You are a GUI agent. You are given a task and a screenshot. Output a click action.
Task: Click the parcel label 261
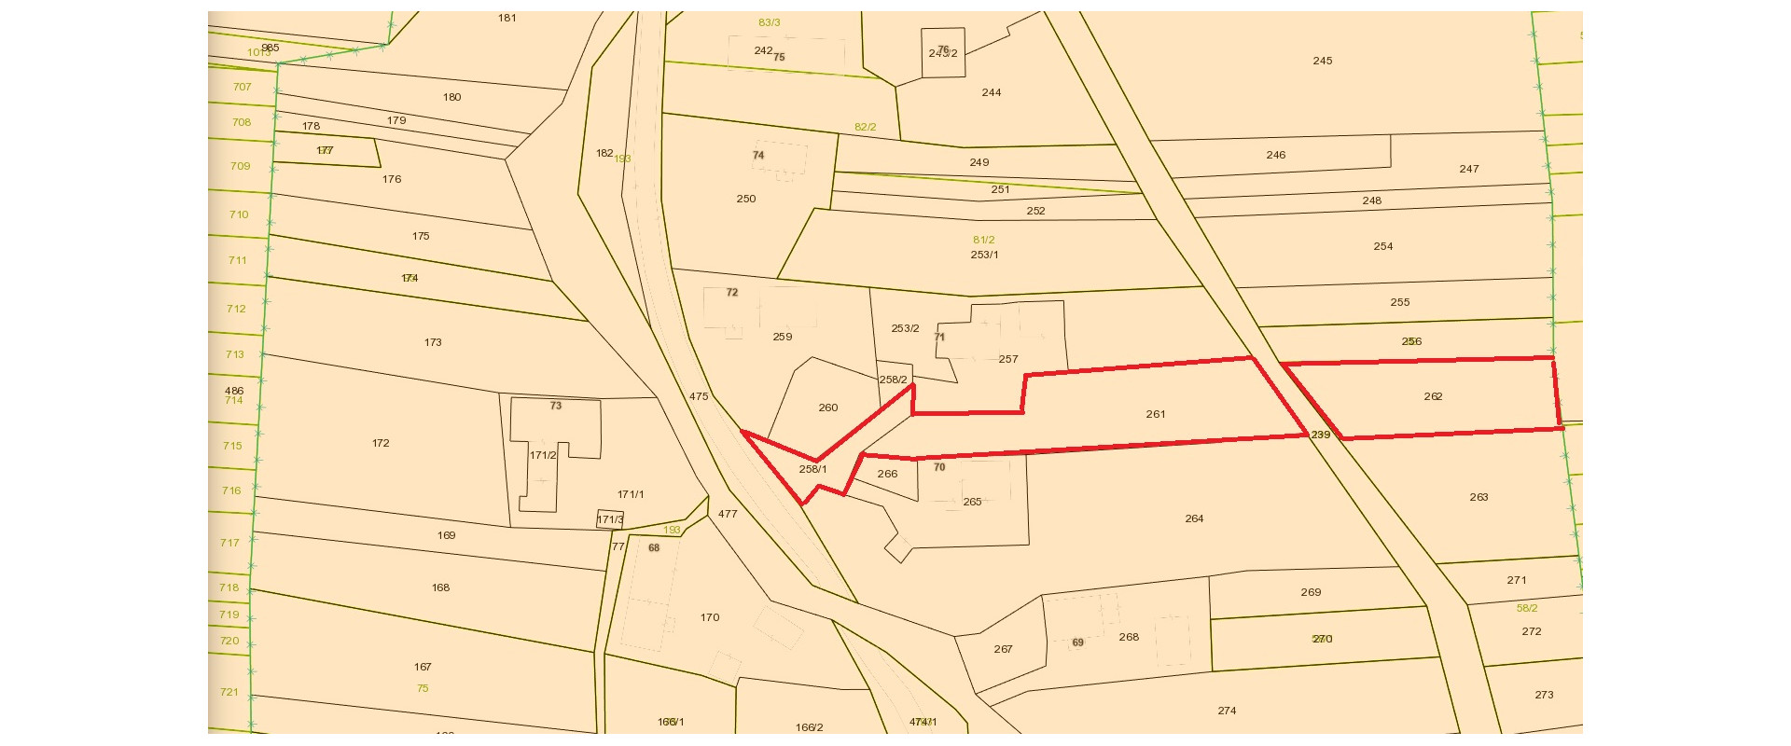[x=1156, y=414]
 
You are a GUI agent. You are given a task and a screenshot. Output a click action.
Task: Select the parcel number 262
[x=1433, y=396]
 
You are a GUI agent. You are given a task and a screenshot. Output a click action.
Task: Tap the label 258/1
[x=812, y=469]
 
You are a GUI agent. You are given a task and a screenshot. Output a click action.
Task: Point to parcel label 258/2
[x=893, y=380]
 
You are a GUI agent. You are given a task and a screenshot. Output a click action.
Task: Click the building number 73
[x=556, y=406]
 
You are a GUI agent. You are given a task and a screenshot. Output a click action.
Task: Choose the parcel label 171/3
[x=610, y=519]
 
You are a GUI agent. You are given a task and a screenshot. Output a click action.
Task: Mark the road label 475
[x=699, y=396]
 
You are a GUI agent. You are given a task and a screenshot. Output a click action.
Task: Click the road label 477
[x=728, y=514]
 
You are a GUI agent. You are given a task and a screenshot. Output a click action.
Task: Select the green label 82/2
[x=865, y=127]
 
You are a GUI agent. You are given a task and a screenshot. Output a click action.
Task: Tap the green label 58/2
[x=1527, y=608]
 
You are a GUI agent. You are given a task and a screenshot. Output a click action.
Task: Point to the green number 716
[x=231, y=490]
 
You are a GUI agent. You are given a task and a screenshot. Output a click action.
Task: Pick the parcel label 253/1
[x=984, y=255]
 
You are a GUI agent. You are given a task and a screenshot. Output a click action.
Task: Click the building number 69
[x=1078, y=642]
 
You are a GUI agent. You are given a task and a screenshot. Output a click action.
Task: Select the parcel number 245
[x=1323, y=61]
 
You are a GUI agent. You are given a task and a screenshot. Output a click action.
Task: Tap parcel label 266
[x=887, y=474]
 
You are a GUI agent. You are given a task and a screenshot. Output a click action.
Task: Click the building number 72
[x=732, y=292]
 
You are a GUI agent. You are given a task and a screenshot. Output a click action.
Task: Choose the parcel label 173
[x=433, y=342]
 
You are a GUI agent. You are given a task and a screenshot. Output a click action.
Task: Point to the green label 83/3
[x=770, y=22]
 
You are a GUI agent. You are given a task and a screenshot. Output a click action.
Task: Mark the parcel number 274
[x=1227, y=711]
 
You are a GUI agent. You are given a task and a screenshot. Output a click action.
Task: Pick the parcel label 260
[x=828, y=408]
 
